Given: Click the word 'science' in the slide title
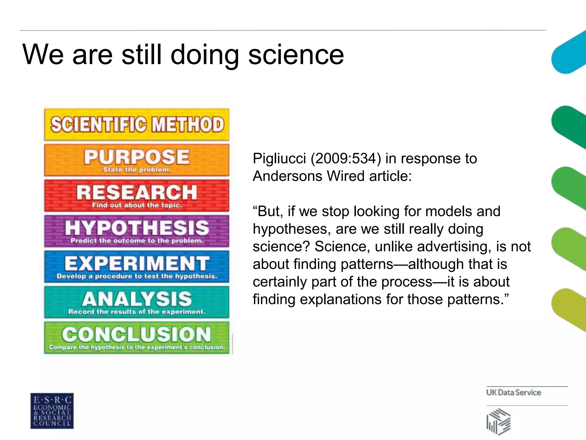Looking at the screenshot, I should tap(296, 55).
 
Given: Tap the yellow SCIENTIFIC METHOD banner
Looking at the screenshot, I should tap(137, 125).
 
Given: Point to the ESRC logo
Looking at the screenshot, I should tap(52, 411).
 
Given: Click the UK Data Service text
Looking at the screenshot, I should tap(513, 392).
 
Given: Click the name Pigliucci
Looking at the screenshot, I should tap(279, 159).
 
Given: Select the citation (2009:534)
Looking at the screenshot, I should tap(346, 159).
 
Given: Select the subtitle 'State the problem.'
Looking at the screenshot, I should tap(137, 170).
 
